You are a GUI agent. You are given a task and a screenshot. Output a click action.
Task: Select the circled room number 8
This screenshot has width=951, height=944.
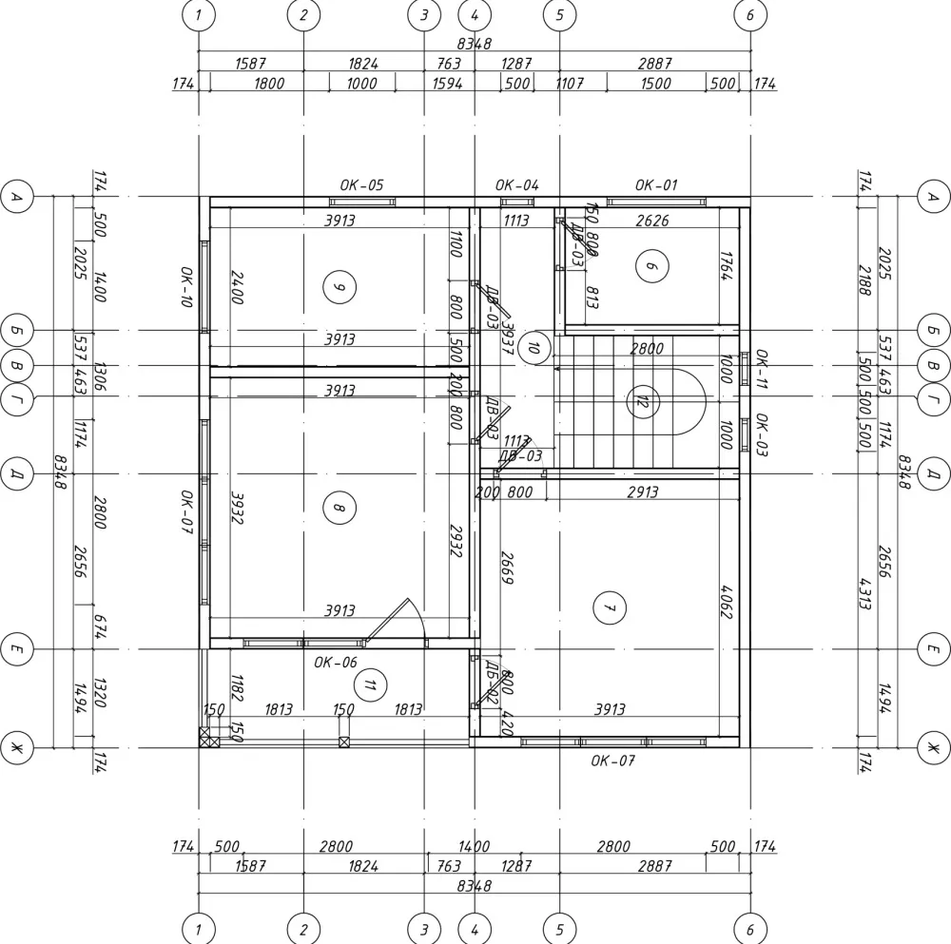[x=338, y=508]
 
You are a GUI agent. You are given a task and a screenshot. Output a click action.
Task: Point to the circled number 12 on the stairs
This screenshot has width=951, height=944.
[x=642, y=401]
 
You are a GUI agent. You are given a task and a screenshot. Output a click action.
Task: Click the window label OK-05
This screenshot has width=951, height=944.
[x=361, y=185]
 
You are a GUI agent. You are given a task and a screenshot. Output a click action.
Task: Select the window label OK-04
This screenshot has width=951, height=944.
[x=517, y=185]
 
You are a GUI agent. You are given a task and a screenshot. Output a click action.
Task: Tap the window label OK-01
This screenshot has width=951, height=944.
[x=656, y=185]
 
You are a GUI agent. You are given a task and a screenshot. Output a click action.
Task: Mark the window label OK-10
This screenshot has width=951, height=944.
[x=187, y=286]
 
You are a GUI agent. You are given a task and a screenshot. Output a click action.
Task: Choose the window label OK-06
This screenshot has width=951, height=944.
[x=336, y=663]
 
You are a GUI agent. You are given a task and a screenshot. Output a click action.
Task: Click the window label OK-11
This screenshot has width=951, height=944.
[x=761, y=368]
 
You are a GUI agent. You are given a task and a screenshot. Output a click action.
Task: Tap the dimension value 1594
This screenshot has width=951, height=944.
[x=448, y=84]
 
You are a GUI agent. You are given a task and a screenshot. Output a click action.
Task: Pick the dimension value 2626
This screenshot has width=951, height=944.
[x=651, y=222]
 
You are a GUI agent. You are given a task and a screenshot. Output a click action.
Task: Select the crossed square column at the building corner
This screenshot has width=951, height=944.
[x=208, y=737]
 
